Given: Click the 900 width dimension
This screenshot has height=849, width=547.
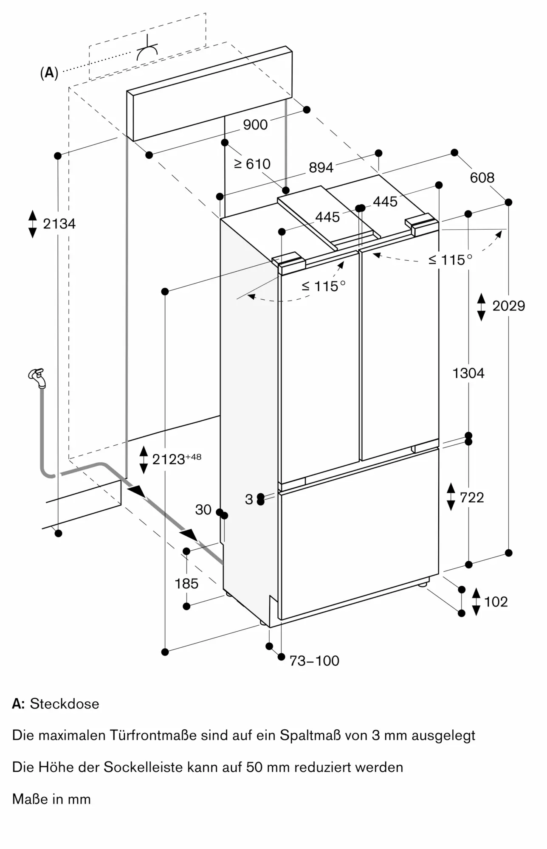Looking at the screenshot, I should point(255,124).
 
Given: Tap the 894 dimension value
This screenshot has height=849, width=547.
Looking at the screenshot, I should point(321,168).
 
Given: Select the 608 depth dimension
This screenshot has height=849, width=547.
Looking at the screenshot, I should point(482,177).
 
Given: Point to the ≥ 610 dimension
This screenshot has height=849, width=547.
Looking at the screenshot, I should point(252,164).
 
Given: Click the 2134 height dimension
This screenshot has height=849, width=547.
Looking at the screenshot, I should point(59,224).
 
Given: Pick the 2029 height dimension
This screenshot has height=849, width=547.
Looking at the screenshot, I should point(508,306).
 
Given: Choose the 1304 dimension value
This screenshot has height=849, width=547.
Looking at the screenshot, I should point(468,373).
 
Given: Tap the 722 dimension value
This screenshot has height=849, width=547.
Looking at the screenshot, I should point(471,497).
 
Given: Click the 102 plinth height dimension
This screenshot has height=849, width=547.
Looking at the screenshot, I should point(496,602).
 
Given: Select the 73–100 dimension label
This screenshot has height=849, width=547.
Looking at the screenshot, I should point(314,661).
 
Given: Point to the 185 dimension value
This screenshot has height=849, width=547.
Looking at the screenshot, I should point(186,584).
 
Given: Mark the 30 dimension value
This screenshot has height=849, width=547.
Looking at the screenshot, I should point(203,509).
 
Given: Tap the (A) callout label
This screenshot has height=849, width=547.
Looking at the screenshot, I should point(49,73).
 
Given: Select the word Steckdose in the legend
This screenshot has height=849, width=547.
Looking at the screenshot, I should point(65,703).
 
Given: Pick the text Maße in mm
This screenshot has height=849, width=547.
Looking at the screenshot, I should point(51,799).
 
